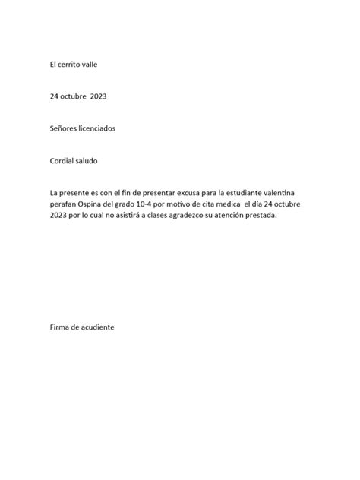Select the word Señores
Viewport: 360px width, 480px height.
point(63,129)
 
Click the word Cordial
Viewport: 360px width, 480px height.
point(62,161)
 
